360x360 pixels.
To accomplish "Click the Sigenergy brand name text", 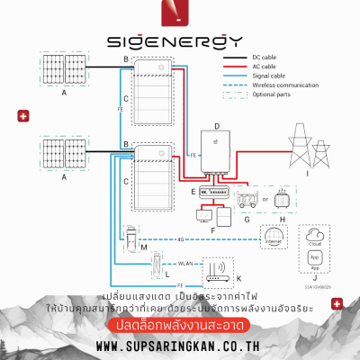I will (x=180, y=41).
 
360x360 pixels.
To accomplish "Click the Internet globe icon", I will (x=272, y=238).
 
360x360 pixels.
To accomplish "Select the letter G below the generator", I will (x=245, y=219).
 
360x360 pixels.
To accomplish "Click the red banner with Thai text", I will (x=180, y=324).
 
